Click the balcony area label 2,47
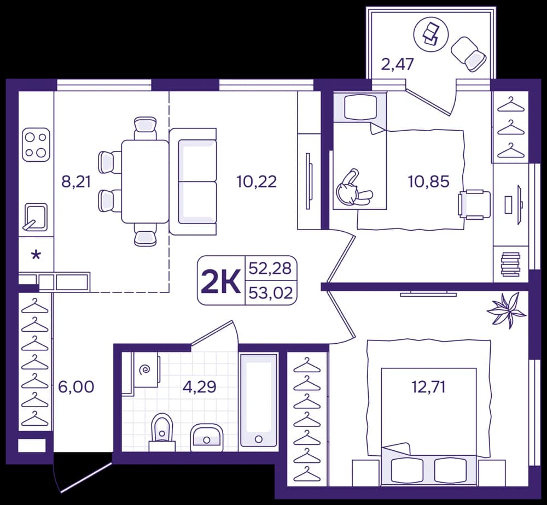pyautogui.click(x=397, y=64)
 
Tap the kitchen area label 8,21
pyautogui.click(x=76, y=181)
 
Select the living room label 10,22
pyautogui.click(x=257, y=181)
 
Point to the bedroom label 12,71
pyautogui.click(x=429, y=387)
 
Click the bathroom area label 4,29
pyautogui.click(x=200, y=386)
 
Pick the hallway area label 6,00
pyautogui.click(x=76, y=387)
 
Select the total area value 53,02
pyautogui.click(x=271, y=293)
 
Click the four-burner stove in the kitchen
pyautogui.click(x=36, y=145)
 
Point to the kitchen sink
pyautogui.click(x=35, y=217)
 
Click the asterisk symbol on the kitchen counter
pyautogui.click(x=36, y=255)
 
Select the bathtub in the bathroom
pyautogui.click(x=259, y=401)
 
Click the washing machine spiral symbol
pyautogui.click(x=144, y=369)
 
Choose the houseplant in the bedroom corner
pyautogui.click(x=506, y=310)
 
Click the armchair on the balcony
pyautogui.click(x=469, y=54)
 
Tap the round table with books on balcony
pyautogui.click(x=430, y=34)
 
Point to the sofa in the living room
pyautogui.click(x=193, y=181)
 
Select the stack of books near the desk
pyautogui.click(x=510, y=264)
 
